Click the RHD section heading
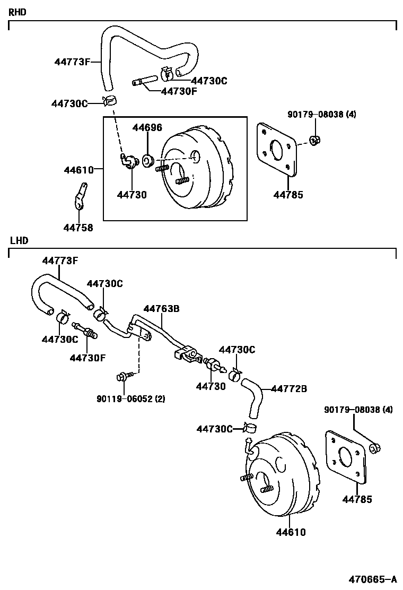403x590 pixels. [x=17, y=11]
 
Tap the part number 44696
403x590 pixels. [x=147, y=127]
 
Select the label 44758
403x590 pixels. [x=78, y=228]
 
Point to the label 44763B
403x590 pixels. [x=161, y=308]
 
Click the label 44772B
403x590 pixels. [x=289, y=389]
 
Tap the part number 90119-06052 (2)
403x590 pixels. [x=130, y=399]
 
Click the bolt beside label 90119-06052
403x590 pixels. [x=121, y=377]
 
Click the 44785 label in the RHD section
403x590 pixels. [x=288, y=195]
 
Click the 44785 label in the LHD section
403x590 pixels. [x=357, y=499]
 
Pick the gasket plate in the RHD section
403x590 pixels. [x=276, y=149]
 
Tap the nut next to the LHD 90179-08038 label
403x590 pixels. [x=374, y=449]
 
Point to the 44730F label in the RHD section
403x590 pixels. [x=179, y=91]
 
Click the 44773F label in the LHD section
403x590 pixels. [x=60, y=261]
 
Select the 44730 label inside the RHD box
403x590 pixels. [x=132, y=195]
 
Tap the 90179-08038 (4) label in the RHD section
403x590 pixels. [x=322, y=114]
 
